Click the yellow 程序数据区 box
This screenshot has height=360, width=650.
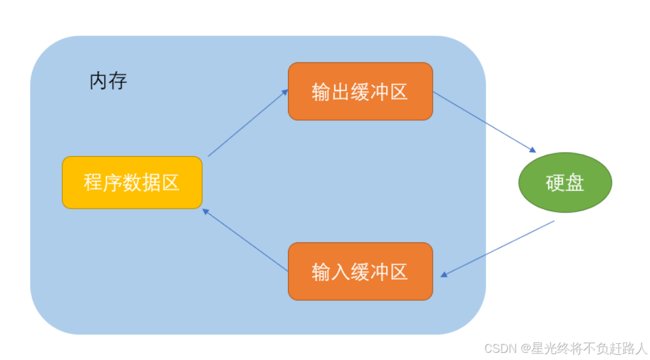[132, 183]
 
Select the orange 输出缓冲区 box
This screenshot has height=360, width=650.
[360, 92]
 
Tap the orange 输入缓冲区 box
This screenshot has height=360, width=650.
[360, 272]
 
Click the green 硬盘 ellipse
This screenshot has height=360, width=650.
[565, 183]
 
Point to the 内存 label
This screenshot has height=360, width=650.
[108, 81]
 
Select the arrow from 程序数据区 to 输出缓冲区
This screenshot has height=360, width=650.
[247, 123]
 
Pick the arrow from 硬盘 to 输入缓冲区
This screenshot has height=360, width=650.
[498, 249]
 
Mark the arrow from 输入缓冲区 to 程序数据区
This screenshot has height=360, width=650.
[246, 240]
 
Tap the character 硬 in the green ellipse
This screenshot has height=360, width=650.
[555, 183]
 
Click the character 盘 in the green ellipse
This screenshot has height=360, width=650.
[575, 183]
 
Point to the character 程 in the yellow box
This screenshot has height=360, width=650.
[93, 183]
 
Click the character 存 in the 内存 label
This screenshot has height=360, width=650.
[118, 81]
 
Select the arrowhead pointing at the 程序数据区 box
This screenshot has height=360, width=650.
[206, 211]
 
